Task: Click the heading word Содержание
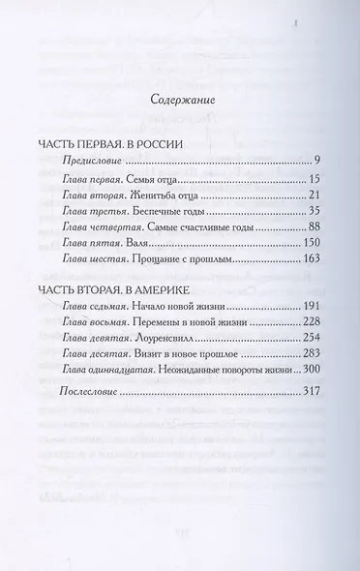tap(180, 99)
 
